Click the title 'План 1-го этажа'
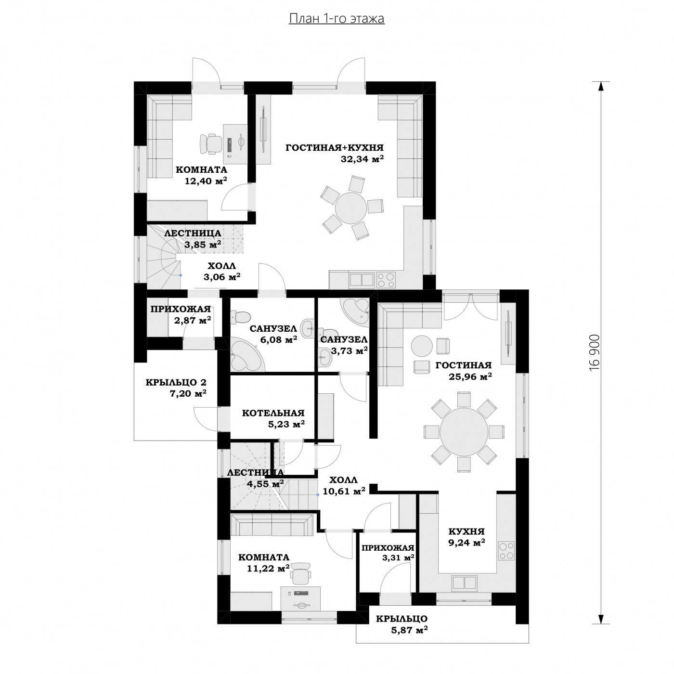[x=337, y=19]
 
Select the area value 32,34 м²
[x=362, y=158]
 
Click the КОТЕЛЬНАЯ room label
[x=273, y=413]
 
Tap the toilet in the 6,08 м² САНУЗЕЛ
[x=240, y=316]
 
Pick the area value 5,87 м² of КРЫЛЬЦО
[x=410, y=629]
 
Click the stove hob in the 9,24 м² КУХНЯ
[x=506, y=551]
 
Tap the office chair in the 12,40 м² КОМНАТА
[x=210, y=143]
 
